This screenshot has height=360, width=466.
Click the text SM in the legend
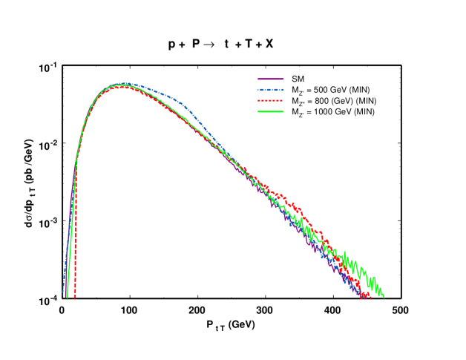[298, 79]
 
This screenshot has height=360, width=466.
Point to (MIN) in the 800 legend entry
[366, 100]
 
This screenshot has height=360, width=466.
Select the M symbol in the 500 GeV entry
[295, 90]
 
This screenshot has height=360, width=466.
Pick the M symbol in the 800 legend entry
[295, 100]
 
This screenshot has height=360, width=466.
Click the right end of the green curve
[384, 296]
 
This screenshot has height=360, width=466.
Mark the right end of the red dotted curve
[370, 298]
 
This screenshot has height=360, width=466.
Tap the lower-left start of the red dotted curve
[75, 297]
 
